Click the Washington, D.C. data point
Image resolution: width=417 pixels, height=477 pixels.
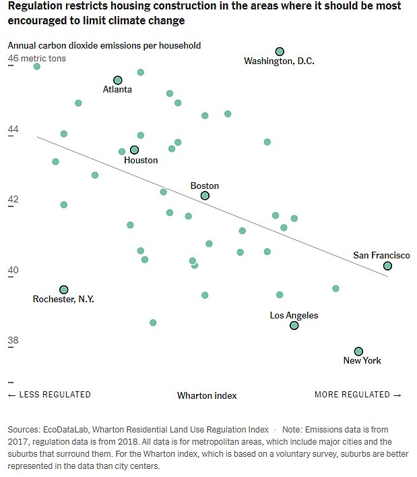280,52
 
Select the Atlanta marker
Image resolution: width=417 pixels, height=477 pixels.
118,80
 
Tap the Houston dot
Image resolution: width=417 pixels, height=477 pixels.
134,150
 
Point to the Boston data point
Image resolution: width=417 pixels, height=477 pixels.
205,196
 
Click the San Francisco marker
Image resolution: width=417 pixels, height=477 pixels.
387,266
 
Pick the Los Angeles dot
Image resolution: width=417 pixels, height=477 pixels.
294,325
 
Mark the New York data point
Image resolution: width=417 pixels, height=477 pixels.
358,351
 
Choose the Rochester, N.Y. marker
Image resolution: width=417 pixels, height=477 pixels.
64,289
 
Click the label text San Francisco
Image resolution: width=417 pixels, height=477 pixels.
381,255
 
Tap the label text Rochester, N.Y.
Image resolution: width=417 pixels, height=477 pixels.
63,299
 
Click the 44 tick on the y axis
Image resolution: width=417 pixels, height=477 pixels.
13,129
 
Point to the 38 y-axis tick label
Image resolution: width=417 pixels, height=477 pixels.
13,340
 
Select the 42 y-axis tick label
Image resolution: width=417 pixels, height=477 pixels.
13,199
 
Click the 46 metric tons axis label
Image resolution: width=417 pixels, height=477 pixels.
36,58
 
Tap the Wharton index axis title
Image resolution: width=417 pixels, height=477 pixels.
207,395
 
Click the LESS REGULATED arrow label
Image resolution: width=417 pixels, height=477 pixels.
49,395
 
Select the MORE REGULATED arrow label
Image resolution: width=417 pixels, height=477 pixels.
358,395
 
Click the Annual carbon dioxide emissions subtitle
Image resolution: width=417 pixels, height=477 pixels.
104,46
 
